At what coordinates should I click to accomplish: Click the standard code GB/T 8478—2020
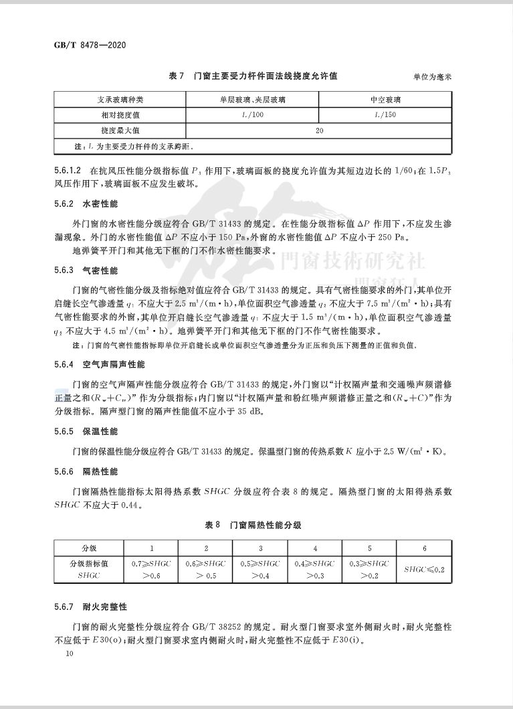(x=90, y=46)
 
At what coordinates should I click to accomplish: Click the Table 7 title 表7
(x=177, y=76)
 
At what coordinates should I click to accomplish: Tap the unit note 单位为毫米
(x=433, y=77)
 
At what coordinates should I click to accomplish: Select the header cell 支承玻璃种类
(x=121, y=100)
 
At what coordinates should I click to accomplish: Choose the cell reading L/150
(x=386, y=115)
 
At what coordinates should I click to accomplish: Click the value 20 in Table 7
(x=320, y=130)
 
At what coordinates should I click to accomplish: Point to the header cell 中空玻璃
(x=386, y=100)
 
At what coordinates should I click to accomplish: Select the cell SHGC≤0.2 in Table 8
(x=425, y=569)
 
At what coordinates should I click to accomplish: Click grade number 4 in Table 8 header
(x=315, y=548)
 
